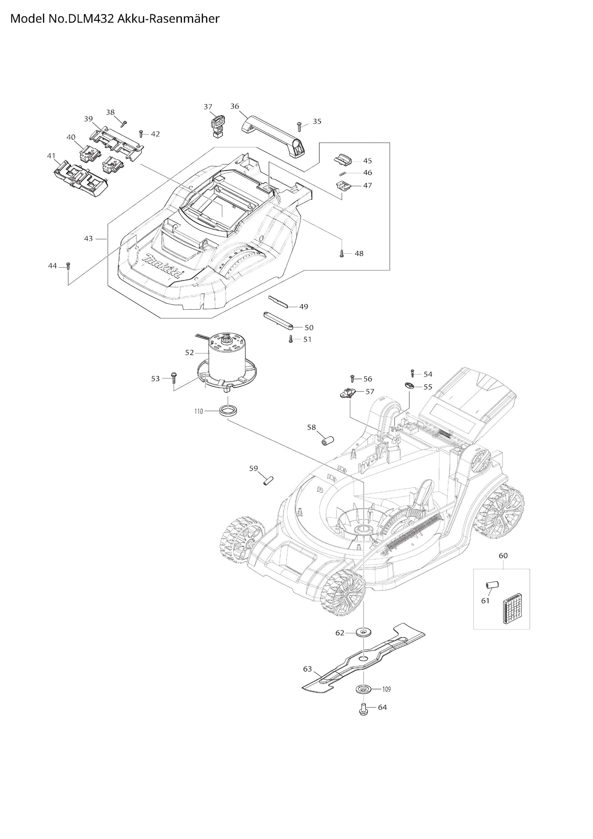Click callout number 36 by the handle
[234, 106]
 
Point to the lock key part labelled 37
[218, 126]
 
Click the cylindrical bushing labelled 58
[328, 440]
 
